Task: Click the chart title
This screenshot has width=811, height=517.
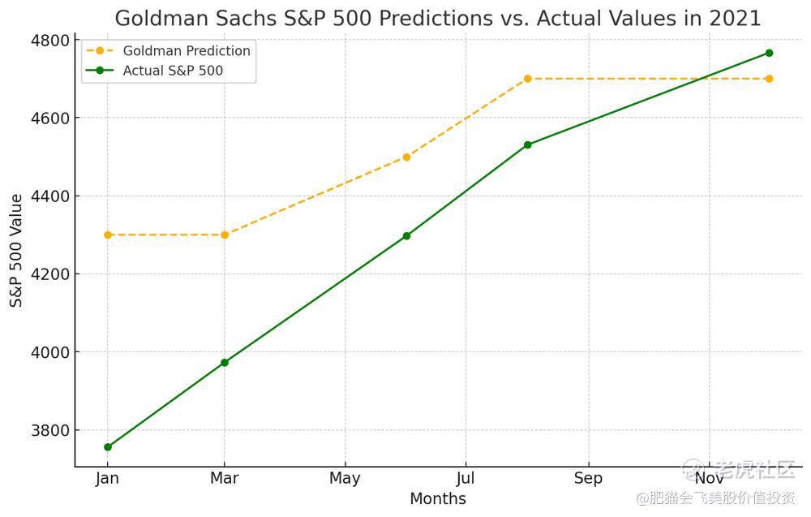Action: click(x=438, y=18)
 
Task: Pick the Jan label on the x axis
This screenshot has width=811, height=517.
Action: click(x=107, y=479)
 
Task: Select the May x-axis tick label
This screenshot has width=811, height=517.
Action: click(x=345, y=479)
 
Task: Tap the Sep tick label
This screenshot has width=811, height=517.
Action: click(x=588, y=479)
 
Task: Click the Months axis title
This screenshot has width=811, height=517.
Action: click(x=438, y=499)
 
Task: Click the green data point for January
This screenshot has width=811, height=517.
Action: click(x=108, y=447)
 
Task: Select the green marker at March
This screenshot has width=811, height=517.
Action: click(x=225, y=363)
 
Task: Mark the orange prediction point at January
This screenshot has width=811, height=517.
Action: click(x=108, y=235)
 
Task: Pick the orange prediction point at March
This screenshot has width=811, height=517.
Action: click(x=225, y=235)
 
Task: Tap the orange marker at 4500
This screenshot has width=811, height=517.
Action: click(x=406, y=157)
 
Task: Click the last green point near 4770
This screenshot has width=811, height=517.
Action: click(x=769, y=53)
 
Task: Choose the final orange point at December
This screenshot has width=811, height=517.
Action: click(x=769, y=79)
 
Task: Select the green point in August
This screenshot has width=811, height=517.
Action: click(x=527, y=144)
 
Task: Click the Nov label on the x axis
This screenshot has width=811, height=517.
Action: click(x=709, y=479)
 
